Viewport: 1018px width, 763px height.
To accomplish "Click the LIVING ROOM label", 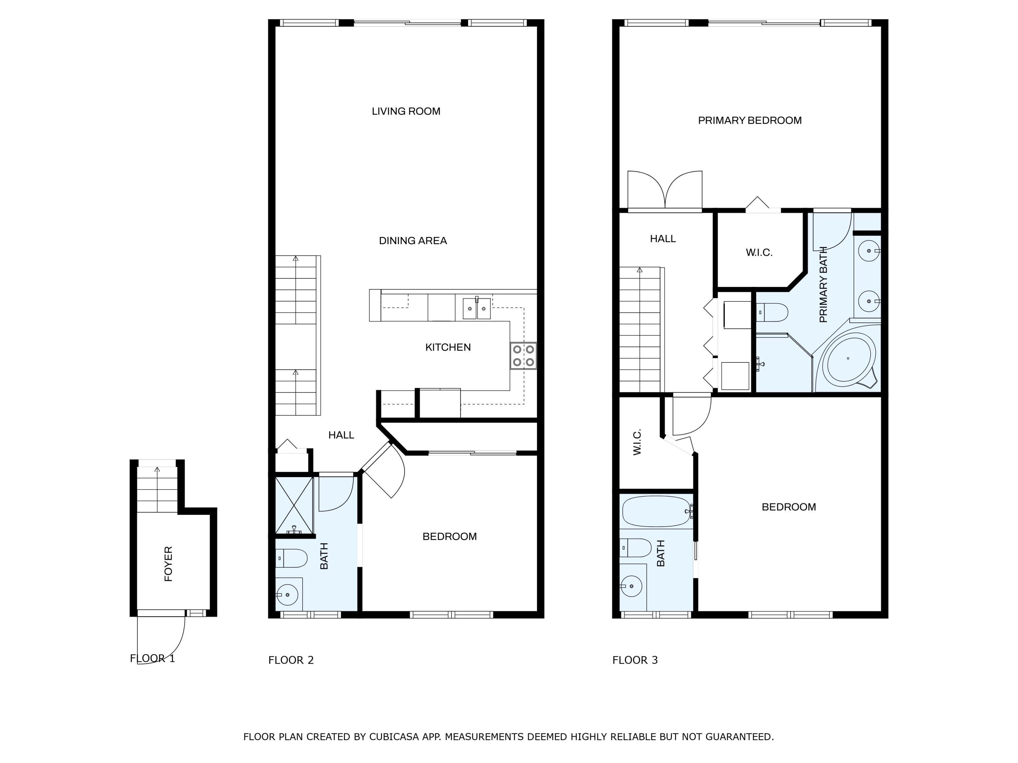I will [406, 111].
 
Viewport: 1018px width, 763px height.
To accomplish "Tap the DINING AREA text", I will [413, 240].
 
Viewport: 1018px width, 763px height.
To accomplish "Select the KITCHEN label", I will [448, 347].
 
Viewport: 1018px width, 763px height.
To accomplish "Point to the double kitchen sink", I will [477, 308].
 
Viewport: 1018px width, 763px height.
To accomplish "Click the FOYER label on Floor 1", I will [168, 564].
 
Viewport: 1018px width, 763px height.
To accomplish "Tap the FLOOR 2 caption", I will [291, 660].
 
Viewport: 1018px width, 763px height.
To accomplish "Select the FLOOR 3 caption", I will [635, 660].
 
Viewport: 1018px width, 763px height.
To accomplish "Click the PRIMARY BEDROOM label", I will [750, 120].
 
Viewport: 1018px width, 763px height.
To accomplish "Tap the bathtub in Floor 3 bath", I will [656, 511].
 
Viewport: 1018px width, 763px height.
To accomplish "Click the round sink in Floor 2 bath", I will [288, 595].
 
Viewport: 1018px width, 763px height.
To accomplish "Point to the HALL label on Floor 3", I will [663, 239].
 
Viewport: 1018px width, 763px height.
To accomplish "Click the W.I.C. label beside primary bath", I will [759, 253].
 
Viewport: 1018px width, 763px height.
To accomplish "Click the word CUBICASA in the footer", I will [394, 736].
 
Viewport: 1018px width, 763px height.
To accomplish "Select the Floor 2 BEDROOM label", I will [449, 536].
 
